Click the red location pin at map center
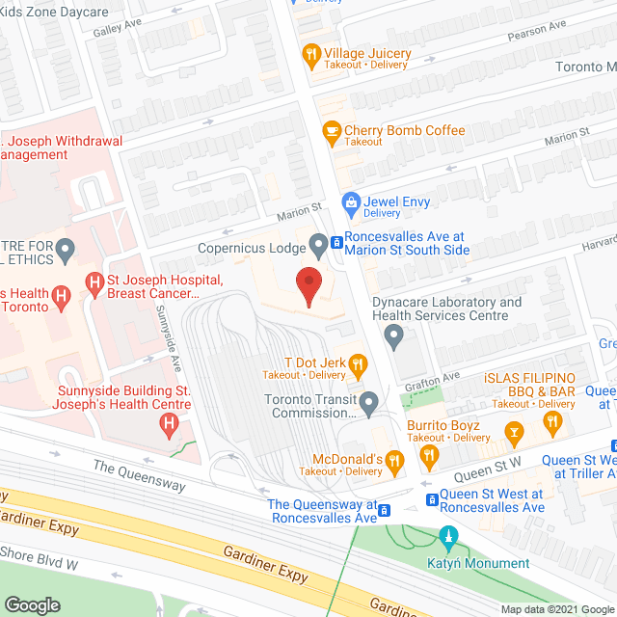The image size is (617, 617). pos(308,286)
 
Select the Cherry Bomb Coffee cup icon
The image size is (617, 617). pos(333,133)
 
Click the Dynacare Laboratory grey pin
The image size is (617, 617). pos(393,336)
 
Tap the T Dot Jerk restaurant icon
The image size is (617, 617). pos(358,365)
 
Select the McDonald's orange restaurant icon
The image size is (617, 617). pos(393,464)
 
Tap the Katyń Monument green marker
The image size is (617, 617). pos(446,536)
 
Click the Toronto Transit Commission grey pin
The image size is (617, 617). pos(368,401)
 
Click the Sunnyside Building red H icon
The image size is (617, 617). pos(171,421)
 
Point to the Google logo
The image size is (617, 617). pos(33,604)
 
